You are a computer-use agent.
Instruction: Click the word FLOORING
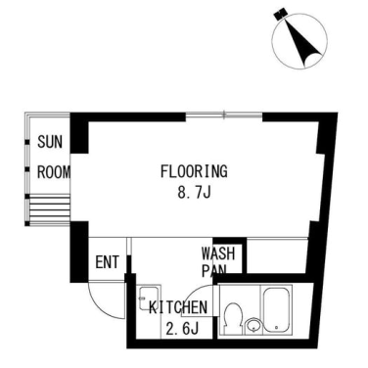pos(194,171)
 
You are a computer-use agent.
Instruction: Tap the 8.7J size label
pos(194,193)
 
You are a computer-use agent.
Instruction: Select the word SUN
pos(50,142)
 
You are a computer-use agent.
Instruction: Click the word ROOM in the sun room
pos(54,172)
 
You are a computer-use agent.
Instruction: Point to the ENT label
pos(108,262)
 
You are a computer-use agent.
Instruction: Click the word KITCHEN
pos(178,307)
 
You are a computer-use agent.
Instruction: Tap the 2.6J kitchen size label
pos(182,329)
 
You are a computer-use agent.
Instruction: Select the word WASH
pos(218,253)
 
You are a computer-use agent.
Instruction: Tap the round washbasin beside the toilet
pos(253,325)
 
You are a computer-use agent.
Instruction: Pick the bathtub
pos(276,309)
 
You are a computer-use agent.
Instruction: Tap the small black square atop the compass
pos(280,14)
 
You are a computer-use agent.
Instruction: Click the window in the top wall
pos(224,115)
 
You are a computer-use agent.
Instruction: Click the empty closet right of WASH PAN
pos(277,256)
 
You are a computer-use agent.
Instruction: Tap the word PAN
pos(214,270)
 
